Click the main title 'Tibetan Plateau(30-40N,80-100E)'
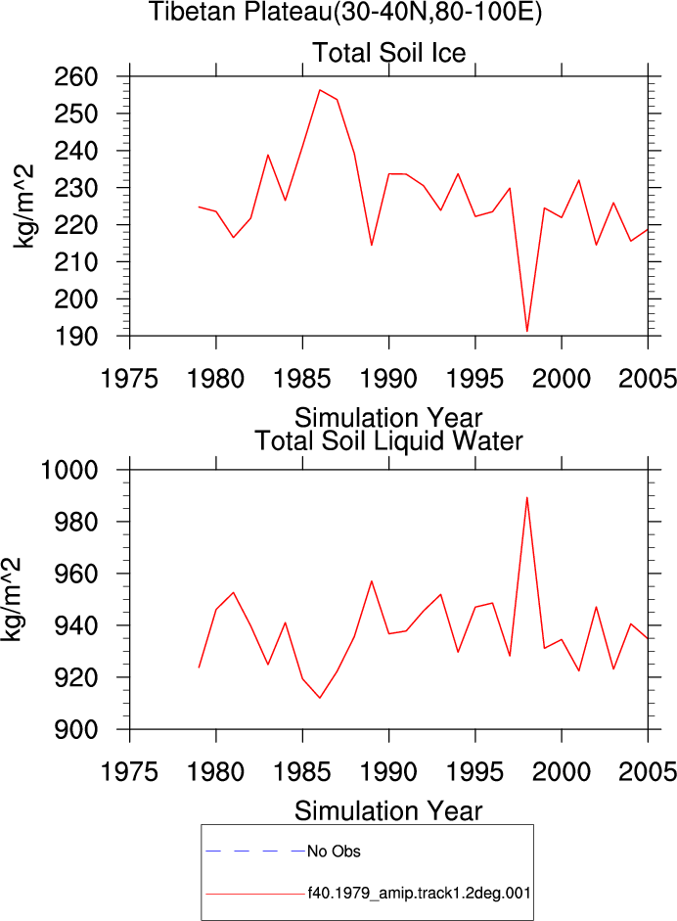345,12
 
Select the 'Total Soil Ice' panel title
388,53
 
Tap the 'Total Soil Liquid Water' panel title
388,441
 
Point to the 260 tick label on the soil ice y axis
75,77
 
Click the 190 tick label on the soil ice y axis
75,337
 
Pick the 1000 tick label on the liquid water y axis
68,470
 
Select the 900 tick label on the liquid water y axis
75,729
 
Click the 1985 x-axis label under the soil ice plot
301,379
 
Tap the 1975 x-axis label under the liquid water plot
129,772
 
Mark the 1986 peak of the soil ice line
319,90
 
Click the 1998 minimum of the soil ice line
527,332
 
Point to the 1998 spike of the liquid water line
527,497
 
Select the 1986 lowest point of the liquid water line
319,698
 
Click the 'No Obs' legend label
334,852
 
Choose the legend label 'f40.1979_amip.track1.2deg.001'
420,894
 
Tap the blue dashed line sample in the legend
255,851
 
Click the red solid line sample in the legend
255,894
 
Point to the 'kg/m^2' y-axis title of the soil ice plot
24,207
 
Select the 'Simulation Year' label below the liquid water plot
388,811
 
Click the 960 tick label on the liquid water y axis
75,574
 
